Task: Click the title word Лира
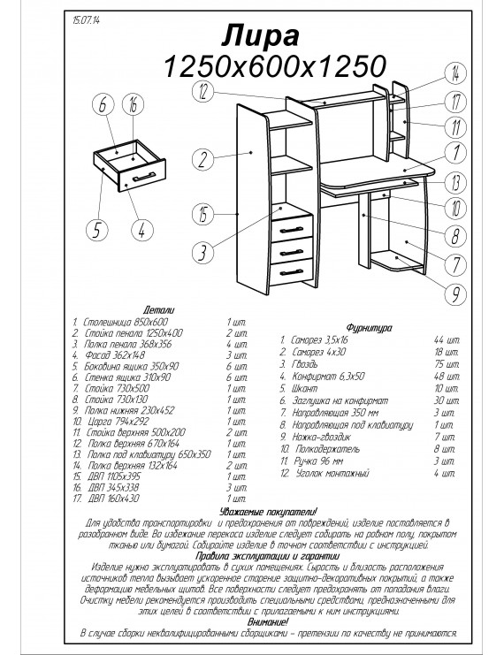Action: click(260, 36)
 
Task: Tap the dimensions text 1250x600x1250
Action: click(275, 67)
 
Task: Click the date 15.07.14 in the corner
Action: click(86, 20)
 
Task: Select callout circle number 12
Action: click(203, 91)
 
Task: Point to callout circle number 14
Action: click(454, 74)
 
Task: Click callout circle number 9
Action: click(454, 293)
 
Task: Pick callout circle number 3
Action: click(202, 253)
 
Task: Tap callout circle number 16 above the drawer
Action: click(133, 104)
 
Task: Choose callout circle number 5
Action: click(97, 230)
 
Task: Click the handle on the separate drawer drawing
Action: click(144, 177)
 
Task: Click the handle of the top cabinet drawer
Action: click(291, 230)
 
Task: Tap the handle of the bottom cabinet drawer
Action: click(291, 273)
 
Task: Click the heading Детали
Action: click(159, 310)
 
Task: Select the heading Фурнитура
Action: click(369, 328)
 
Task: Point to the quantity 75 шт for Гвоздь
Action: click(447, 364)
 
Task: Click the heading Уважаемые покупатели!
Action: click(268, 512)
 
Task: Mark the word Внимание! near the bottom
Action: click(268, 622)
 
